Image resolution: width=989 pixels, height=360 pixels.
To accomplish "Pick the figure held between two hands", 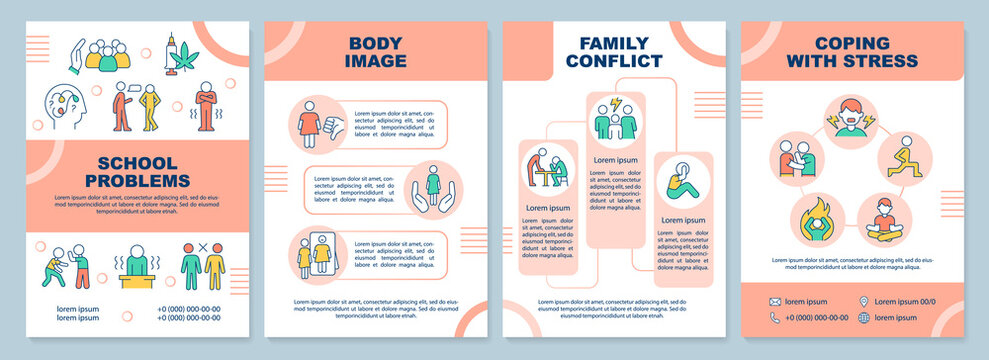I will pos(432,189).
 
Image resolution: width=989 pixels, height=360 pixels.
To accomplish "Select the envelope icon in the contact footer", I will pos(775,300).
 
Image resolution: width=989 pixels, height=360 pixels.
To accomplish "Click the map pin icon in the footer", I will pos(863,300).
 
